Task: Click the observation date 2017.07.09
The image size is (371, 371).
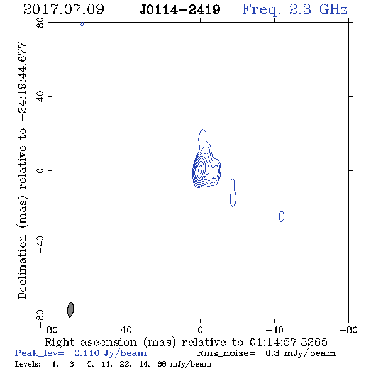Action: pyautogui.click(x=64, y=9)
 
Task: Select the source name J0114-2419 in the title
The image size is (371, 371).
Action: pyautogui.click(x=180, y=9)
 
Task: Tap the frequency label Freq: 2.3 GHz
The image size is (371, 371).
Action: pyautogui.click(x=295, y=9)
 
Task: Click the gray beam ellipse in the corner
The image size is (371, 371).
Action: pyautogui.click(x=70, y=309)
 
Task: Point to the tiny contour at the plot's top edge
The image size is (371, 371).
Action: pyautogui.click(x=82, y=24)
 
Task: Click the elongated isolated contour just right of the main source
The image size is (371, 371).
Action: pyautogui.click(x=233, y=192)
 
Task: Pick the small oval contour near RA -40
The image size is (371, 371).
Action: pyautogui.click(x=282, y=216)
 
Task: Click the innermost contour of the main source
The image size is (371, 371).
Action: pyautogui.click(x=201, y=169)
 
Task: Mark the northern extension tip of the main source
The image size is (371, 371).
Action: pyautogui.click(x=202, y=129)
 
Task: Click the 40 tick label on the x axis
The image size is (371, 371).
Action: pyautogui.click(x=126, y=330)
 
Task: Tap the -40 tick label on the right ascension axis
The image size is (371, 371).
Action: pyautogui.click(x=274, y=330)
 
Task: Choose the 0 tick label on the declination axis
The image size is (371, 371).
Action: pyautogui.click(x=40, y=170)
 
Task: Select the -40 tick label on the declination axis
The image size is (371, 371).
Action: pyautogui.click(x=40, y=245)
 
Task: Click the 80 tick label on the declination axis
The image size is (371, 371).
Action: pyautogui.click(x=40, y=23)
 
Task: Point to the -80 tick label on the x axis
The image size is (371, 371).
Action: pyautogui.click(x=348, y=330)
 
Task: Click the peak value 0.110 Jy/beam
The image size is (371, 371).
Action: pyautogui.click(x=110, y=353)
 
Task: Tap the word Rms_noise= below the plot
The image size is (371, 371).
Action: pyautogui.click(x=226, y=353)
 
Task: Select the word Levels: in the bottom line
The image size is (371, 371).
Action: pyautogui.click(x=28, y=364)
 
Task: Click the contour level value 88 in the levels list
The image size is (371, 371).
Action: pyautogui.click(x=162, y=364)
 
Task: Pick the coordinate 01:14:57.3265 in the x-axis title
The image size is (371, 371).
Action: pyautogui.click(x=288, y=342)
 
